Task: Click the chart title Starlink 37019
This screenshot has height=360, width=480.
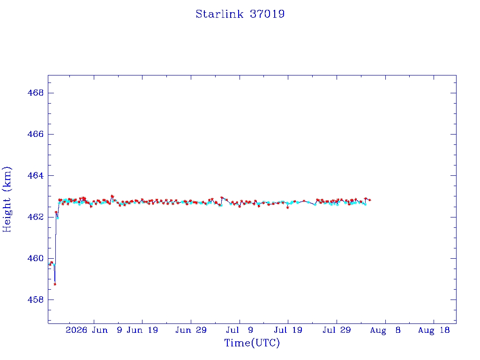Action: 240,14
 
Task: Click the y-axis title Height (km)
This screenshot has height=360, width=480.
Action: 7,199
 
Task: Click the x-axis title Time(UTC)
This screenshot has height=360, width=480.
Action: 252,343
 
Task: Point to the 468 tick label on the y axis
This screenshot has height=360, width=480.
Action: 36,93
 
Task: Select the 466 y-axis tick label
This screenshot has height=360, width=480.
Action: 36,134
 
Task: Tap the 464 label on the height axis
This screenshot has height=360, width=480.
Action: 36,175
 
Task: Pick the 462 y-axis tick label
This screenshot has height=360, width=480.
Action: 36,217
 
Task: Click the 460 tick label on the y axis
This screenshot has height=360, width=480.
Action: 36,258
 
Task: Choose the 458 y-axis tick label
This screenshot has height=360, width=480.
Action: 36,300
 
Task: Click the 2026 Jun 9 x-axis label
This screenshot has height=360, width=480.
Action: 94,330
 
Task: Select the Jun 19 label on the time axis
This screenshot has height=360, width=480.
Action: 142,330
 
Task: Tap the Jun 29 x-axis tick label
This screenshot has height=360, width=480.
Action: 191,330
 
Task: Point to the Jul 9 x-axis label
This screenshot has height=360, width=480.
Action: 240,330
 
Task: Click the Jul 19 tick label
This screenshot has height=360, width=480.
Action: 288,330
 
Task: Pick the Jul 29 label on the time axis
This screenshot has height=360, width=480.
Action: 337,330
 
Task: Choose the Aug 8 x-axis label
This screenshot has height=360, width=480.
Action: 385,330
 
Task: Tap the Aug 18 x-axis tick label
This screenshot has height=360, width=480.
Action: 434,330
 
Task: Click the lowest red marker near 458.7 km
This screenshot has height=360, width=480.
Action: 55,285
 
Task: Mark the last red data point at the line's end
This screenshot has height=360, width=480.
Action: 370,200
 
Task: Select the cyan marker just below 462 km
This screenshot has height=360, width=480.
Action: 58,218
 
